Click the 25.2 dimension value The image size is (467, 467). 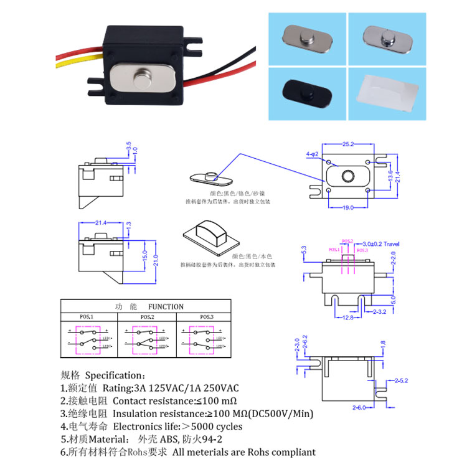[x=347, y=144]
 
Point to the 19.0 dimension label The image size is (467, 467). [x=347, y=207]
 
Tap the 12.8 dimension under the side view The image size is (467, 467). [x=347, y=318]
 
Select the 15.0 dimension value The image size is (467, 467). [x=145, y=257]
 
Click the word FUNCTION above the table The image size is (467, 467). [x=166, y=306]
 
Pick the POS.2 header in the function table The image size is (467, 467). [x=147, y=317]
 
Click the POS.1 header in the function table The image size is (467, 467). [x=87, y=317]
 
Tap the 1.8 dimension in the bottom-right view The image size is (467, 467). [x=384, y=342]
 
